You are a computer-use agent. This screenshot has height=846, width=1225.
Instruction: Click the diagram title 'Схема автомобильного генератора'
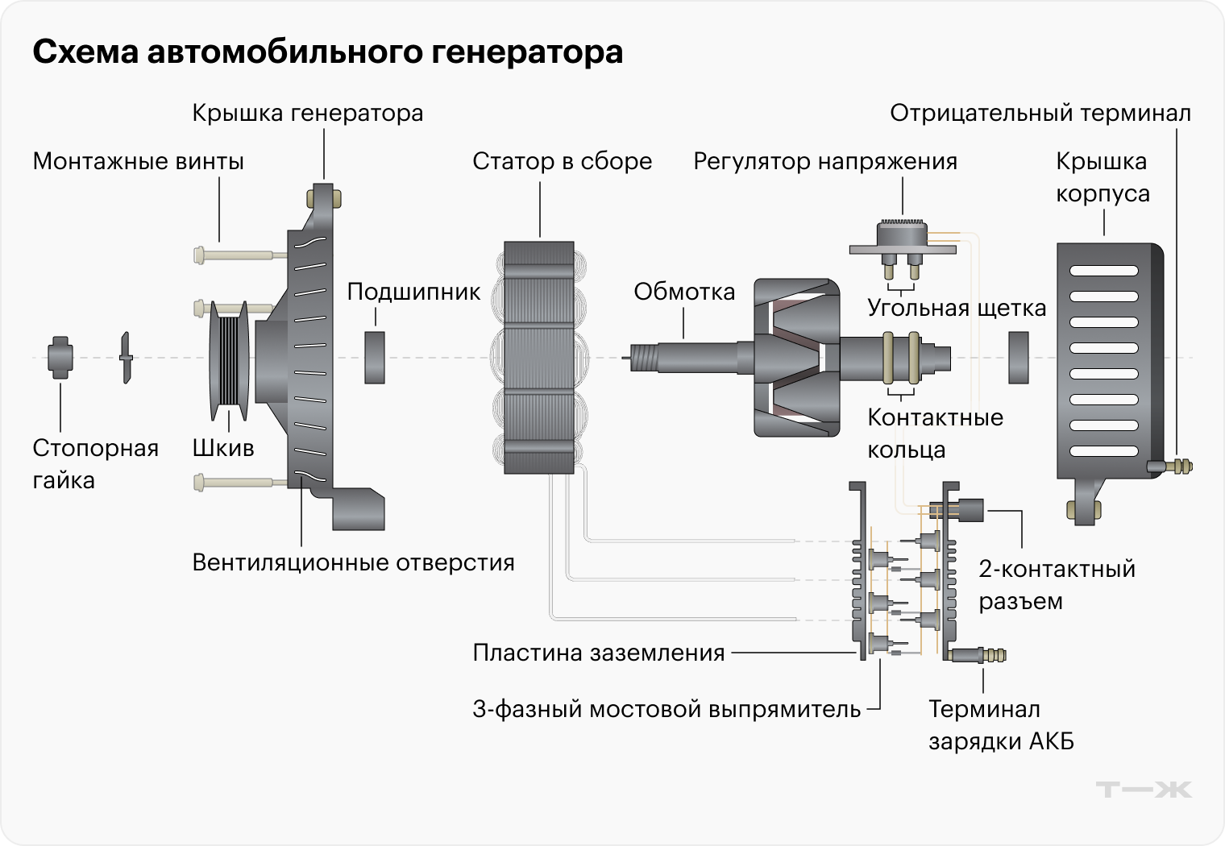click(x=327, y=52)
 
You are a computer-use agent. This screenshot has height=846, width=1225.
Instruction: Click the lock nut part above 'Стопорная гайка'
click(x=60, y=357)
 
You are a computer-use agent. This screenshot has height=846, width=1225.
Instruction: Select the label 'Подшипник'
click(x=413, y=292)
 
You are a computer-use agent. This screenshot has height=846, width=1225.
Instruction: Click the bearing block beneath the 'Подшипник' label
click(x=375, y=357)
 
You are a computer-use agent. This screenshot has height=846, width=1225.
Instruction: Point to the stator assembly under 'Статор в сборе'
click(x=539, y=357)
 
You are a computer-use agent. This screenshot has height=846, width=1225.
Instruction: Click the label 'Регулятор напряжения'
click(x=825, y=162)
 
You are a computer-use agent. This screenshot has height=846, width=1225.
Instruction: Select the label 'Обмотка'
click(x=684, y=292)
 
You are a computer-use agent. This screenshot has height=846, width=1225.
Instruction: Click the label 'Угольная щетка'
click(x=957, y=308)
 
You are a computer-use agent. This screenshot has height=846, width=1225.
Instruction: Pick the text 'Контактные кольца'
click(x=935, y=433)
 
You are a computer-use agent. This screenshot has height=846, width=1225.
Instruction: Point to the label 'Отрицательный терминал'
click(x=1040, y=114)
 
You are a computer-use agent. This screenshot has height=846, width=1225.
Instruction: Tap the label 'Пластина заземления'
click(x=599, y=653)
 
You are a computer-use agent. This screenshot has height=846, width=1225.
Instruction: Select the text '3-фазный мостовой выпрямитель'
click(x=666, y=710)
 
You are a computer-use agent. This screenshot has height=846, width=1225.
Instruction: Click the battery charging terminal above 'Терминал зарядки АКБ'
click(x=980, y=654)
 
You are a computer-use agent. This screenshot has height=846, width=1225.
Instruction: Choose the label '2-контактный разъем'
click(x=1057, y=585)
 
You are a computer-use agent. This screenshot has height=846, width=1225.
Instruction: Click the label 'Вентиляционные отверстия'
click(x=353, y=562)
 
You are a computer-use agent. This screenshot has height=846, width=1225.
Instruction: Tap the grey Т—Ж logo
click(x=1144, y=789)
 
